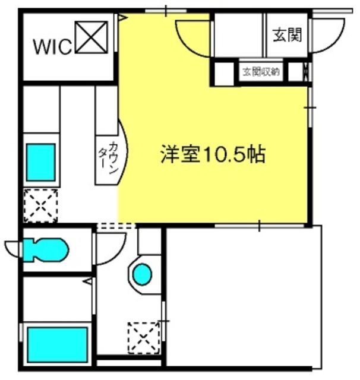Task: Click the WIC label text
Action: point(53,47)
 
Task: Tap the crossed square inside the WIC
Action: point(91,37)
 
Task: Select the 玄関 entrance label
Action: point(288,35)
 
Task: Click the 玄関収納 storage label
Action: point(261,72)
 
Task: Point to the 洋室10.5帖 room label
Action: point(213,154)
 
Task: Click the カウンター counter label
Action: point(109,158)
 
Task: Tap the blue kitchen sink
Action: point(41,162)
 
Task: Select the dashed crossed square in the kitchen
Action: point(40,206)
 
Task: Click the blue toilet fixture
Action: point(46,250)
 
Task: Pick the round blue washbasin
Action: point(143,274)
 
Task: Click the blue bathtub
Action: point(57,344)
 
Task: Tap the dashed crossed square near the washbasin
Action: point(144,338)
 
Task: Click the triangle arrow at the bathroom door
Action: point(87,281)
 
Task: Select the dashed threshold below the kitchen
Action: point(116,226)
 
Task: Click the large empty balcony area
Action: point(243,296)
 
